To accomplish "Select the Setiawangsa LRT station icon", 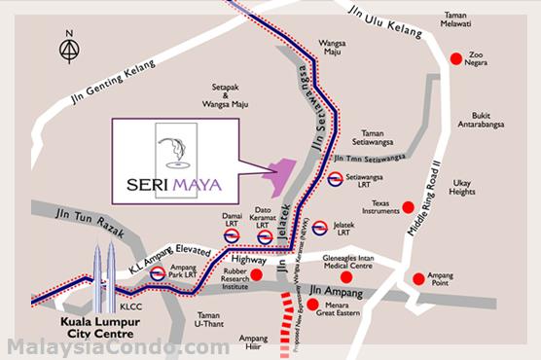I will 334,179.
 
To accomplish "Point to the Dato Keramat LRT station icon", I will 265,236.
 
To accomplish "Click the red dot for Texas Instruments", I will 409,206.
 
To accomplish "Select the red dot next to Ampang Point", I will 418,278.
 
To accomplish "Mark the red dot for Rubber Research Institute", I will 257,275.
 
